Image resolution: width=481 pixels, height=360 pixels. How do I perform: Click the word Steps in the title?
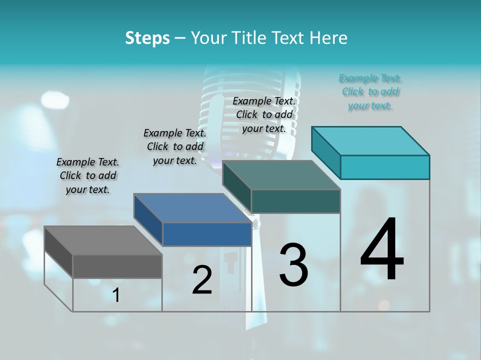[x=147, y=38]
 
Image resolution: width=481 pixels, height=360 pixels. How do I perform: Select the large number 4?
[x=382, y=249]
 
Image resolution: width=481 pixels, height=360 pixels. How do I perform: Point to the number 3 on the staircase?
[x=293, y=265]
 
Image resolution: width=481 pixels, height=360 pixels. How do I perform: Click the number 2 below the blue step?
[x=202, y=280]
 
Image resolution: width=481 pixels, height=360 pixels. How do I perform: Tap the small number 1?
[x=116, y=295]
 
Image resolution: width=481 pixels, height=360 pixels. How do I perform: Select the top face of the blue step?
[x=192, y=208]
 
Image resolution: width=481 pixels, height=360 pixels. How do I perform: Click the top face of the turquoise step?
[x=371, y=141]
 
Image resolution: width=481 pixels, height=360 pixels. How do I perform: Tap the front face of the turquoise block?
[x=385, y=167]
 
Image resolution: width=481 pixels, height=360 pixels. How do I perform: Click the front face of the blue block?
[x=207, y=234]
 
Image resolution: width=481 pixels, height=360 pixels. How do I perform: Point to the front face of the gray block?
[x=117, y=266]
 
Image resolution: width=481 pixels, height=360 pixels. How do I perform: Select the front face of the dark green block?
[x=296, y=201]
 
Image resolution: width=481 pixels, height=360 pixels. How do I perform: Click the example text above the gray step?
[x=88, y=175]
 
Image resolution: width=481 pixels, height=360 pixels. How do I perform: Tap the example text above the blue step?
[x=175, y=146]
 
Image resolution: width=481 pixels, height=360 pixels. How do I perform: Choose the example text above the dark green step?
[x=264, y=114]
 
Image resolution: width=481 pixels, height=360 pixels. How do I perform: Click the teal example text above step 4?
[x=370, y=91]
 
